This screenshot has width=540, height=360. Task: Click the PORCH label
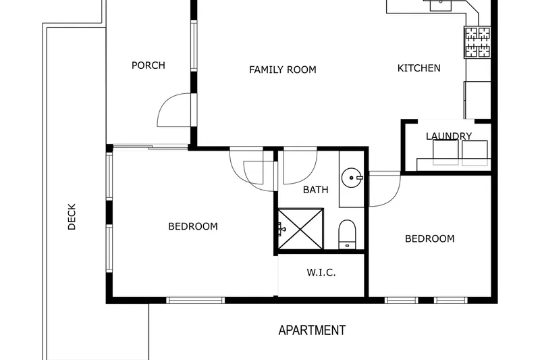tap(148, 66)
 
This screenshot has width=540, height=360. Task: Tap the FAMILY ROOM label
tap(283, 70)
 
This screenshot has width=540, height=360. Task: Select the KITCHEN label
tap(418, 68)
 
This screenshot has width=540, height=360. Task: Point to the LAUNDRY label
tap(449, 136)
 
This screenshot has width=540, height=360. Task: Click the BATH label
tap(315, 190)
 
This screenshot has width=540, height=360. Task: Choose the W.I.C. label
tap(321, 273)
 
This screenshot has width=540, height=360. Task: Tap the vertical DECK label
tap(72, 217)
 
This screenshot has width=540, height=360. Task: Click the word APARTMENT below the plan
tap(312, 330)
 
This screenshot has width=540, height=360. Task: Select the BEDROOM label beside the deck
tap(193, 226)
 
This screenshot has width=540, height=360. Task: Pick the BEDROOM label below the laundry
tap(430, 238)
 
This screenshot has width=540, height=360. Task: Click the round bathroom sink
tap(352, 178)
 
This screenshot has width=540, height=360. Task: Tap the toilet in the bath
tap(347, 234)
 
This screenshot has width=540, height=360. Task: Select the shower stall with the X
tap(300, 229)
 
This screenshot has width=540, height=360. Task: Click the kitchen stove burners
tap(478, 43)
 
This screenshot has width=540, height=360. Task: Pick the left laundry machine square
tap(446, 153)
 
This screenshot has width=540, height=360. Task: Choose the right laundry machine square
tap(475, 153)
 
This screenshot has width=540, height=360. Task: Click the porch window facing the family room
tap(194, 46)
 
